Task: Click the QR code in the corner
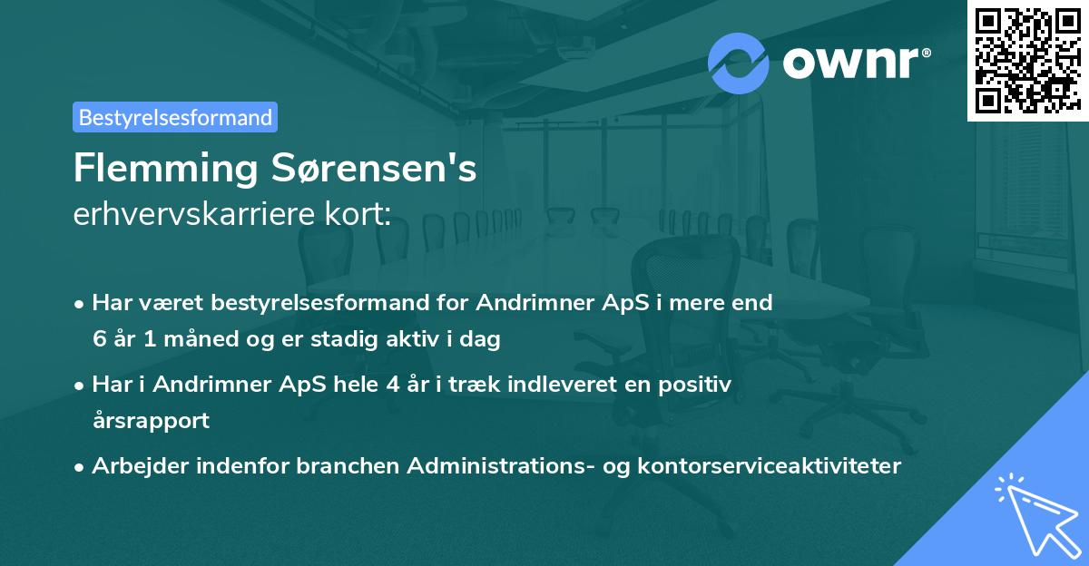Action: (x=1027, y=61)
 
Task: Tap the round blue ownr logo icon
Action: (x=739, y=63)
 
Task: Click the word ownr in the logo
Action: (x=852, y=61)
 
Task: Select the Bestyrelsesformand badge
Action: (x=175, y=117)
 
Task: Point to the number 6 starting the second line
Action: (x=98, y=339)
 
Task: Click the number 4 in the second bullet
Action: (x=392, y=385)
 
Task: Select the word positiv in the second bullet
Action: (x=699, y=385)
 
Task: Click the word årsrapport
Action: (x=151, y=421)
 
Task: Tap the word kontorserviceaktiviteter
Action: (x=756, y=466)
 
